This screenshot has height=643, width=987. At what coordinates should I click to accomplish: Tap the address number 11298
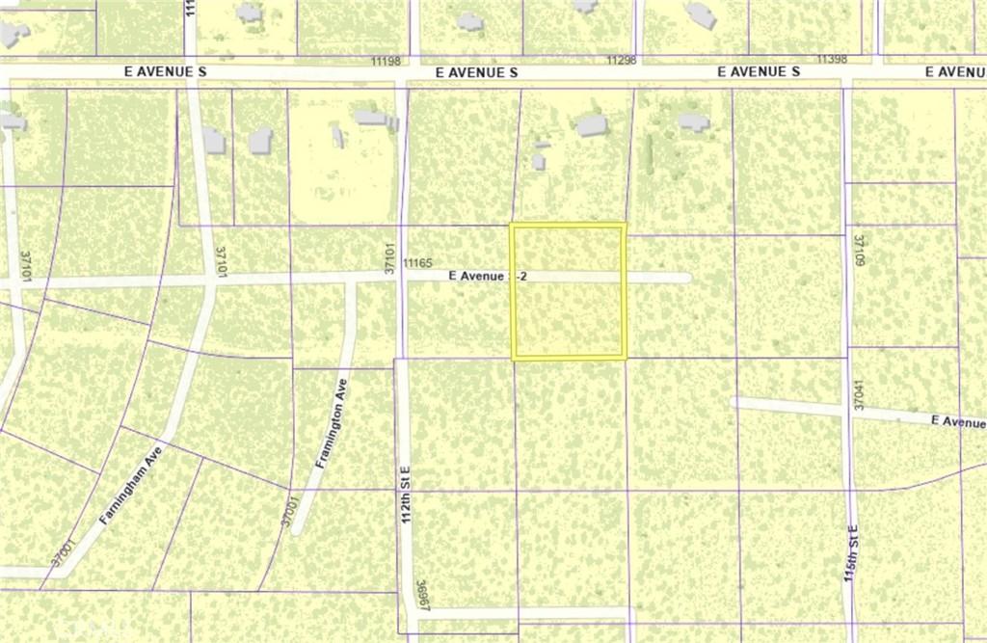(622, 60)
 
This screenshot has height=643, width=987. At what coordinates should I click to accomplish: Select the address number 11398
(831, 60)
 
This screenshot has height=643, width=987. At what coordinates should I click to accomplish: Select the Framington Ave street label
(330, 424)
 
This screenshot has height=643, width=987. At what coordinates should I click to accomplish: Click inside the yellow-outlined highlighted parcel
(568, 318)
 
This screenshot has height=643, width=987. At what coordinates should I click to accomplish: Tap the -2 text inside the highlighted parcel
(521, 277)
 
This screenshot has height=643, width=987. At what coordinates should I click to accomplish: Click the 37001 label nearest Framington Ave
(286, 509)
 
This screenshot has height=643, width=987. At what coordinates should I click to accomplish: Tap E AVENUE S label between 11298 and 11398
(759, 72)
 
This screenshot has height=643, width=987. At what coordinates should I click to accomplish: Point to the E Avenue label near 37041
(958, 421)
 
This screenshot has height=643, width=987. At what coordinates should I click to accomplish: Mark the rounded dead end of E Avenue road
(685, 278)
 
